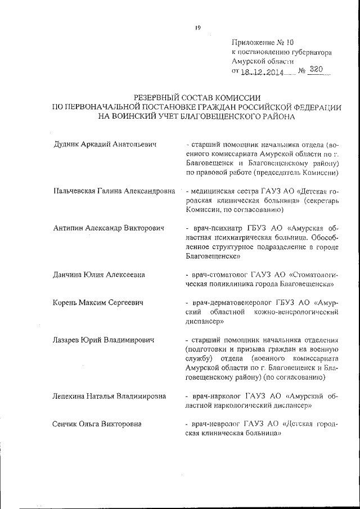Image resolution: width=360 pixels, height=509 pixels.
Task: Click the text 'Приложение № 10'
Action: pos(262,42)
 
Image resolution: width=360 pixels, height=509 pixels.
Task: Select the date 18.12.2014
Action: pos(262,71)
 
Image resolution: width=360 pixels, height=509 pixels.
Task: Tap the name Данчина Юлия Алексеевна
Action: pos(99,275)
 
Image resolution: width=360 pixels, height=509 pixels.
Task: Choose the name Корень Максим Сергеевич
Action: pos(97,304)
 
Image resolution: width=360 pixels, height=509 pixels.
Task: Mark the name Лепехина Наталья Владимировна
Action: pos(109,396)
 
